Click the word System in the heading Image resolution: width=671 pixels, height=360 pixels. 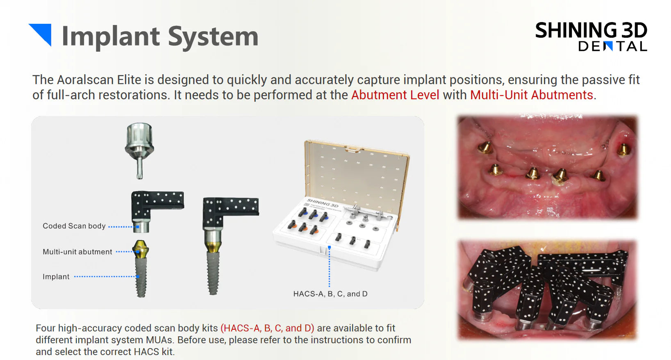point(213,37)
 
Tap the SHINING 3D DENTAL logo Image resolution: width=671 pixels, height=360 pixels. point(591,36)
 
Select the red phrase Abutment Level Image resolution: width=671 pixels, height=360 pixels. point(395,95)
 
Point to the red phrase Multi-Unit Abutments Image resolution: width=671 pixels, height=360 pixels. point(532,95)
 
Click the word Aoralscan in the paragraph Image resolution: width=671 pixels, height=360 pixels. point(99,80)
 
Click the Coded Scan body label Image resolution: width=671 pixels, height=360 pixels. point(74,226)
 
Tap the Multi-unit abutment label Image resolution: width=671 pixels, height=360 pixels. point(77,252)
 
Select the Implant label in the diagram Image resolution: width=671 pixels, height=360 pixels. point(56,277)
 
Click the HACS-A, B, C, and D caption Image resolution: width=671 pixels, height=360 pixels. point(330,294)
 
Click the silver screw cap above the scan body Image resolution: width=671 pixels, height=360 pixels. point(139,150)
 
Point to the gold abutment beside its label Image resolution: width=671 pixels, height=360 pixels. point(141,249)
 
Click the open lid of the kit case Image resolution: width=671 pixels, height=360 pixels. point(357,174)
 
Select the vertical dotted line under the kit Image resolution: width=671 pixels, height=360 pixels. point(329,267)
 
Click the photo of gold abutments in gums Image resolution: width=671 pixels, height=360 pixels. point(548,167)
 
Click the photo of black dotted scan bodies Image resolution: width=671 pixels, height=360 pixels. point(548,289)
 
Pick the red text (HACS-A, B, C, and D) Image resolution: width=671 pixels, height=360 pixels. point(267,328)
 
